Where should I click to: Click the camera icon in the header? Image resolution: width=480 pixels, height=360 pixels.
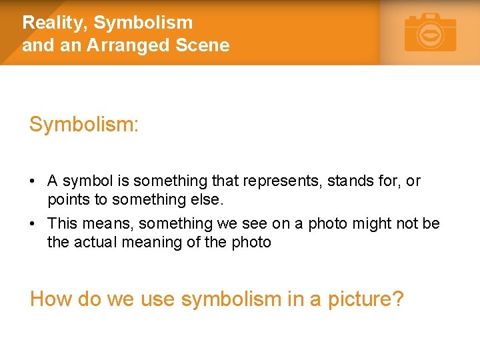click(x=430, y=33)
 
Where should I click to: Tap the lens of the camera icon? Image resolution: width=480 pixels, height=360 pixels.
click(x=431, y=35)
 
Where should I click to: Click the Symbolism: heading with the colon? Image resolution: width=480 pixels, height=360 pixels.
click(x=84, y=125)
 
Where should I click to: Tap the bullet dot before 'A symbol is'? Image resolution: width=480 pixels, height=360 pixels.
click(x=33, y=181)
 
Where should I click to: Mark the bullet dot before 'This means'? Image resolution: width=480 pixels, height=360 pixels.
click(x=33, y=224)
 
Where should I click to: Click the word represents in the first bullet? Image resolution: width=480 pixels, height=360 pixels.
click(x=285, y=181)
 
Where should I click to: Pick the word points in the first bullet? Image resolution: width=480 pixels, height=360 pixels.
click(x=67, y=199)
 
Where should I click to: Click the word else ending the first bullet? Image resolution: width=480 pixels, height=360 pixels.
click(x=207, y=199)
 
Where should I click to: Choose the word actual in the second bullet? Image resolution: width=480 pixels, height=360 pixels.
click(x=96, y=242)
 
